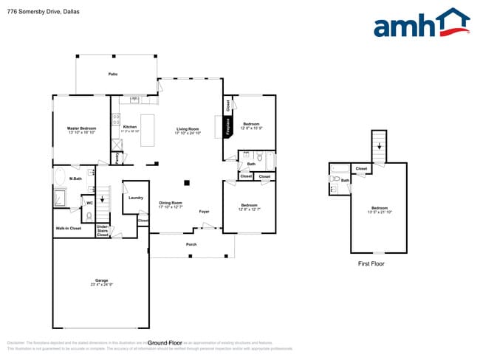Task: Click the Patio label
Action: (114, 75)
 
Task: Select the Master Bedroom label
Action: (82, 128)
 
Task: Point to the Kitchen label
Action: (130, 126)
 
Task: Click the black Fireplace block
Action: (228, 126)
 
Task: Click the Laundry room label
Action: (135, 198)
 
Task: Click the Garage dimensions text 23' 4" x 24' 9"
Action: (101, 285)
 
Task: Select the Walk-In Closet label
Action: (69, 229)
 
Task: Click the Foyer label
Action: (204, 212)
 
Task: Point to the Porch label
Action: (191, 243)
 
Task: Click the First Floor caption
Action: (371, 263)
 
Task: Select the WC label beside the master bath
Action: (89, 202)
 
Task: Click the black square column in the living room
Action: (188, 181)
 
